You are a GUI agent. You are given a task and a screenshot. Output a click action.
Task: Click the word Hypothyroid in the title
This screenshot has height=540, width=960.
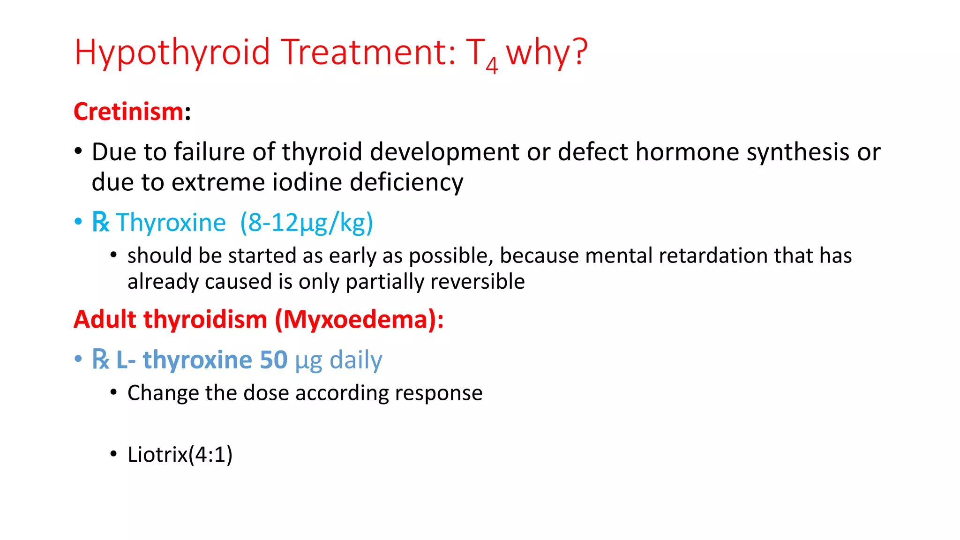click(x=172, y=52)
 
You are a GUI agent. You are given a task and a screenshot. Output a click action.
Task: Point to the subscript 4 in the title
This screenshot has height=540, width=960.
click(x=491, y=65)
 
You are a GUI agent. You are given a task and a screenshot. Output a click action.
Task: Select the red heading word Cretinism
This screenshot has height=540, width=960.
click(x=128, y=112)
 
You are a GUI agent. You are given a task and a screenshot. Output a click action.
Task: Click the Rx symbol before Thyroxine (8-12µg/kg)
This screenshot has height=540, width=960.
click(x=100, y=222)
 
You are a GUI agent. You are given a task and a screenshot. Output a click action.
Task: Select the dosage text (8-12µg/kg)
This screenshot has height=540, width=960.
click(x=307, y=223)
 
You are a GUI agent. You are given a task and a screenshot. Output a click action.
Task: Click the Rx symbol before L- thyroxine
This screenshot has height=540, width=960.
click(x=100, y=360)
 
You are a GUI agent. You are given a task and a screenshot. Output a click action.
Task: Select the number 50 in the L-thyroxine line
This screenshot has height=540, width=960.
click(x=273, y=360)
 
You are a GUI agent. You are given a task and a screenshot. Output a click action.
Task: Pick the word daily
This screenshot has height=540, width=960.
click(x=356, y=360)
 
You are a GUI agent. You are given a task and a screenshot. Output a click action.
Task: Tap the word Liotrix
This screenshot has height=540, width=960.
click(x=157, y=455)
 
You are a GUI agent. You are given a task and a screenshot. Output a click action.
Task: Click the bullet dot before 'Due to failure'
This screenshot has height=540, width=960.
click(x=78, y=151)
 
